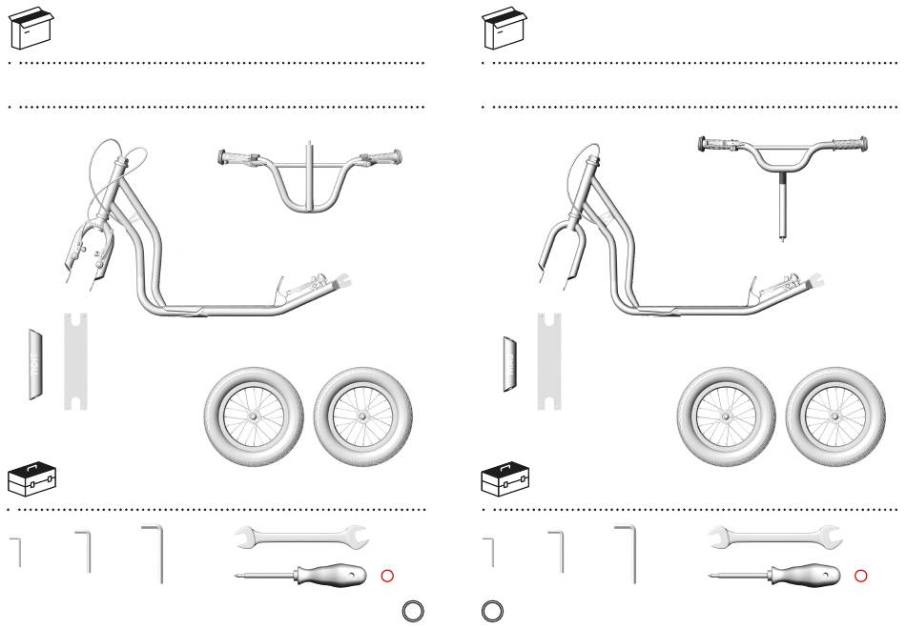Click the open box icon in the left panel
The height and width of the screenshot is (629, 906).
click(29, 29)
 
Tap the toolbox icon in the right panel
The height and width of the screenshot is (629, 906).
click(502, 479)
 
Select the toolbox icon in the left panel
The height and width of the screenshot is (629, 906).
click(29, 479)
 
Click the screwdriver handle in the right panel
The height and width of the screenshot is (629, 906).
click(807, 576)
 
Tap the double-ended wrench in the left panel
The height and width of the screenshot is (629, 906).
click(300, 538)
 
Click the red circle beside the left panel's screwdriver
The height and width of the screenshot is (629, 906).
click(387, 576)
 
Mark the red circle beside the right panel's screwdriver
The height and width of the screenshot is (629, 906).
click(860, 576)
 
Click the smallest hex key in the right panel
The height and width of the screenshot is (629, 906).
click(490, 551)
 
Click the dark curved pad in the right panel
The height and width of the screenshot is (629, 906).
click(511, 363)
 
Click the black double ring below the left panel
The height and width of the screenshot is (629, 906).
click(412, 611)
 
